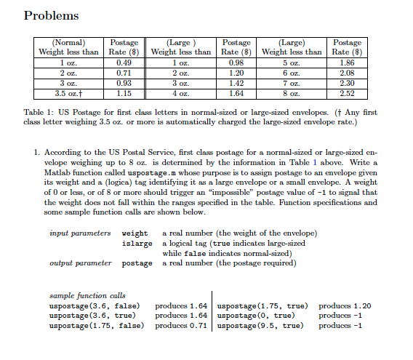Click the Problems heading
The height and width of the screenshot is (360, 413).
52,15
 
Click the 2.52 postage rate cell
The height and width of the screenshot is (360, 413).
346,93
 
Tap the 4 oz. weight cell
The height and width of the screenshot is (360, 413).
179,93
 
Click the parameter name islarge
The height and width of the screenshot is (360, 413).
137,242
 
